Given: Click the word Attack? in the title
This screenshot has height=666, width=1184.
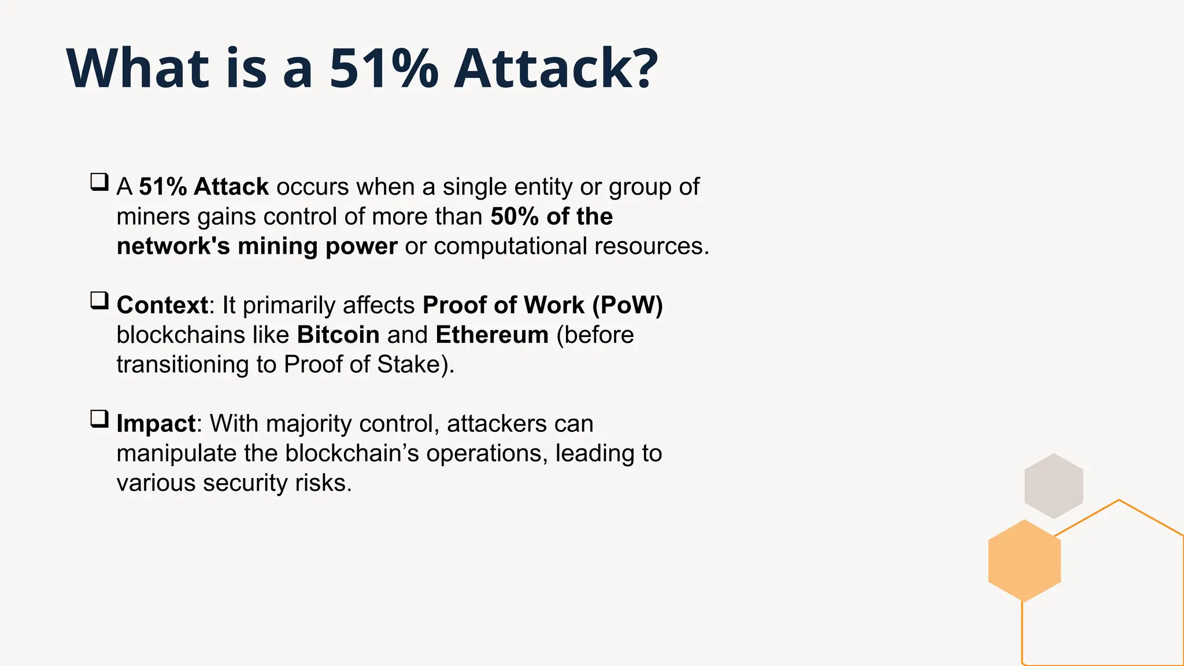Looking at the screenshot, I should point(556,69).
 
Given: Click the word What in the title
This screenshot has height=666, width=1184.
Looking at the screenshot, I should point(138,69).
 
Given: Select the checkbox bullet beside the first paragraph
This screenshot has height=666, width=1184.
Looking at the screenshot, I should point(99,182).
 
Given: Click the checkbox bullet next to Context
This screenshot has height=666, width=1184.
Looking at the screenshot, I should point(99,301).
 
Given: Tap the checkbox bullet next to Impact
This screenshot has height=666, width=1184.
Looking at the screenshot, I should point(99,419).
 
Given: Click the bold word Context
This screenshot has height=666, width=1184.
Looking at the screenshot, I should point(162,305).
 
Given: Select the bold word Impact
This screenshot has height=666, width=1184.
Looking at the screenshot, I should point(156,424).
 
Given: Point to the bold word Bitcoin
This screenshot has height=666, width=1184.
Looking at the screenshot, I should point(338,335).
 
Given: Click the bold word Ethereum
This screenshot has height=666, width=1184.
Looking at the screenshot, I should point(492,335).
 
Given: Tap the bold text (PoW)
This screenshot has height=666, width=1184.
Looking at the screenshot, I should point(627,305).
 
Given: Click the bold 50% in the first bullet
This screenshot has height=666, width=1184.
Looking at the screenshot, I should point(515,216).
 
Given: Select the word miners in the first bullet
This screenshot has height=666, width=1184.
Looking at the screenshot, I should point(153,216).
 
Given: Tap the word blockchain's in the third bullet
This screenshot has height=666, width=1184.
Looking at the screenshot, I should point(351,453).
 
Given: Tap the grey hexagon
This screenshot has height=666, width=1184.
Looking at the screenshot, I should point(1053,486).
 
